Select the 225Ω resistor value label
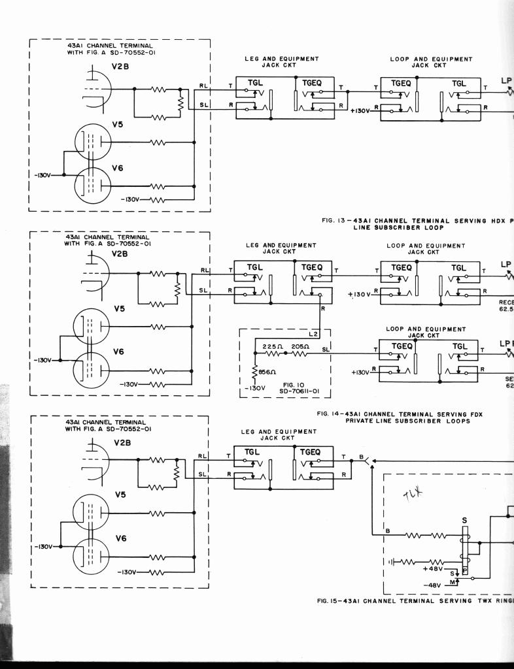(271, 346)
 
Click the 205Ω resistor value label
(300, 346)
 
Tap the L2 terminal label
(313, 334)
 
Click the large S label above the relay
(465, 521)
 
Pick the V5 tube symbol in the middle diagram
(92, 326)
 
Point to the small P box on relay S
(465, 570)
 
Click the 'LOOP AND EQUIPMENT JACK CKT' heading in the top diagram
(430, 62)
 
